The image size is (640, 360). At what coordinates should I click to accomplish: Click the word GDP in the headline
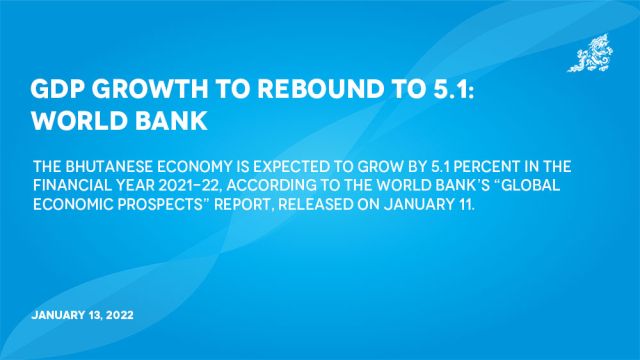56,88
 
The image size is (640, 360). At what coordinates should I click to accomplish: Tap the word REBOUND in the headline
307,88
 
